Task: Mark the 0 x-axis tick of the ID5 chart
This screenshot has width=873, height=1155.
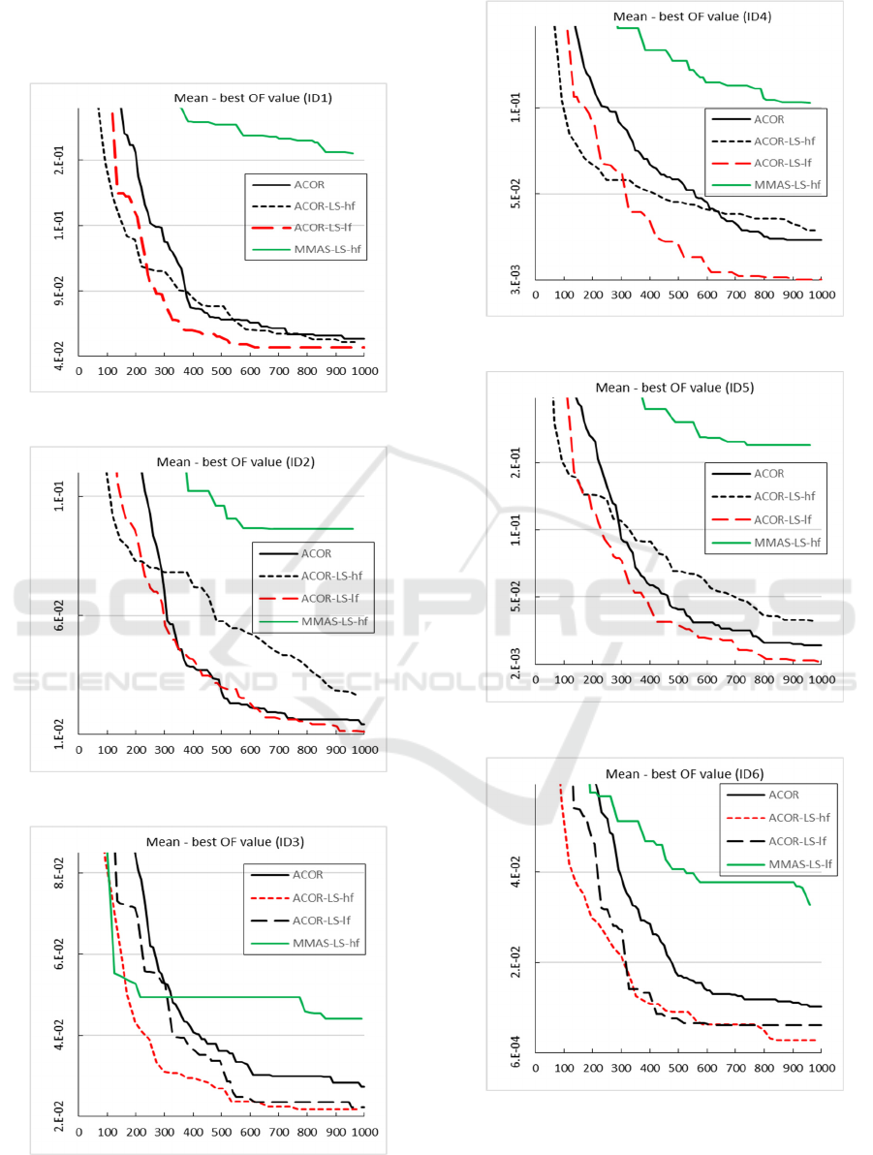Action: pos(535,679)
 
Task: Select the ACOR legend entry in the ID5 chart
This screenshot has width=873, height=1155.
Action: pos(768,474)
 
